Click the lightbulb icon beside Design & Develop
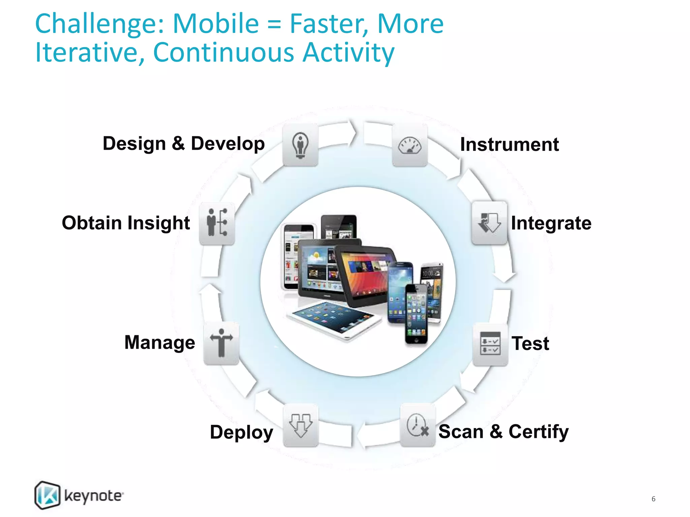click(x=300, y=145)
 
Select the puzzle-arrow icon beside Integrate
click(x=489, y=222)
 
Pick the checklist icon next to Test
click(x=490, y=344)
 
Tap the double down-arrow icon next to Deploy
click(x=301, y=425)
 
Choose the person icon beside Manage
click(x=221, y=343)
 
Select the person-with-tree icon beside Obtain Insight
click(x=217, y=222)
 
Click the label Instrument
click(x=509, y=144)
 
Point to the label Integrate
click(x=551, y=223)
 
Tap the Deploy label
click(x=241, y=432)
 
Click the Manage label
click(x=160, y=342)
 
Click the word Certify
click(x=538, y=432)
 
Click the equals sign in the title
click(x=274, y=24)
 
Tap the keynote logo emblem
click(x=47, y=495)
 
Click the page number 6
click(x=653, y=499)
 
